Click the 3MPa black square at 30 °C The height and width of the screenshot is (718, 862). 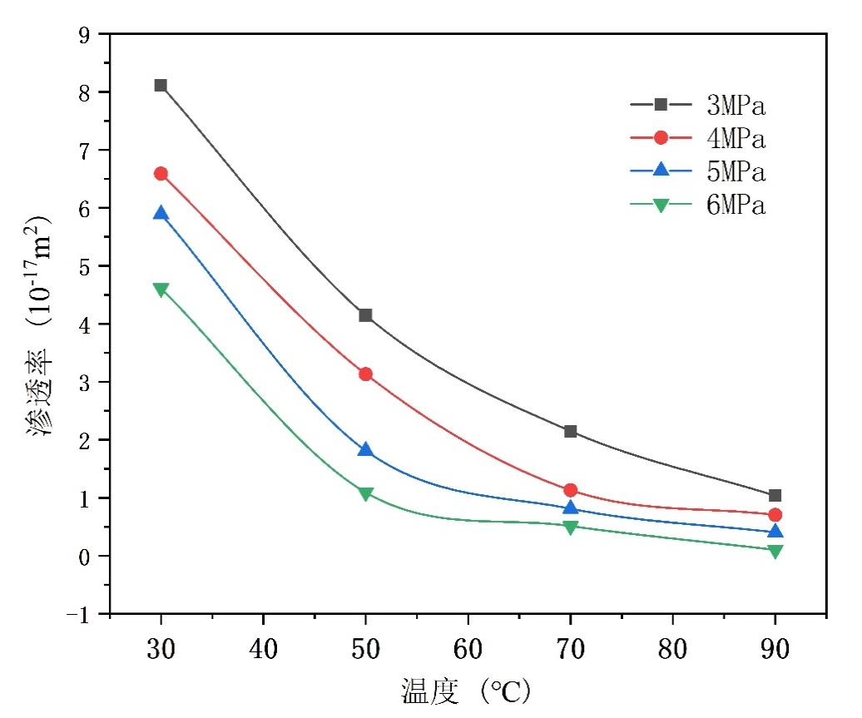click(x=161, y=86)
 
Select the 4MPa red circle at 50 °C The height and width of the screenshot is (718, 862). click(x=365, y=374)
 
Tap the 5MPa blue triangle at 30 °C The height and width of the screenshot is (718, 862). click(x=161, y=214)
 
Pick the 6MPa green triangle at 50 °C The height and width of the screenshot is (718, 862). click(x=365, y=493)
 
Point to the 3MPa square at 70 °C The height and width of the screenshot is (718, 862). click(x=571, y=431)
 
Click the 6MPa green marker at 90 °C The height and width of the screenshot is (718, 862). click(x=775, y=550)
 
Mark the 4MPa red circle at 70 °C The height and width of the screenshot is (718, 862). click(x=571, y=491)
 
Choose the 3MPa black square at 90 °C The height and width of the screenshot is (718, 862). click(x=775, y=496)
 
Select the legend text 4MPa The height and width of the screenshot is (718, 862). click(x=736, y=139)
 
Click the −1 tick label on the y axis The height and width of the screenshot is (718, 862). click(x=82, y=614)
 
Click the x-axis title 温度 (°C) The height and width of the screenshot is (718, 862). click(x=466, y=691)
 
